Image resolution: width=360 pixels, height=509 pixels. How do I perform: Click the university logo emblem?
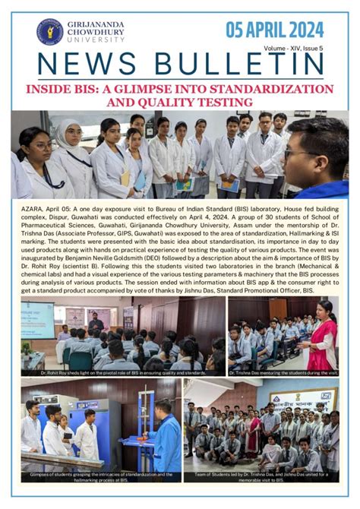click(x=50, y=31)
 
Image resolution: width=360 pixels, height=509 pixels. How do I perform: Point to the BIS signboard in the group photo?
click(x=313, y=400)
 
